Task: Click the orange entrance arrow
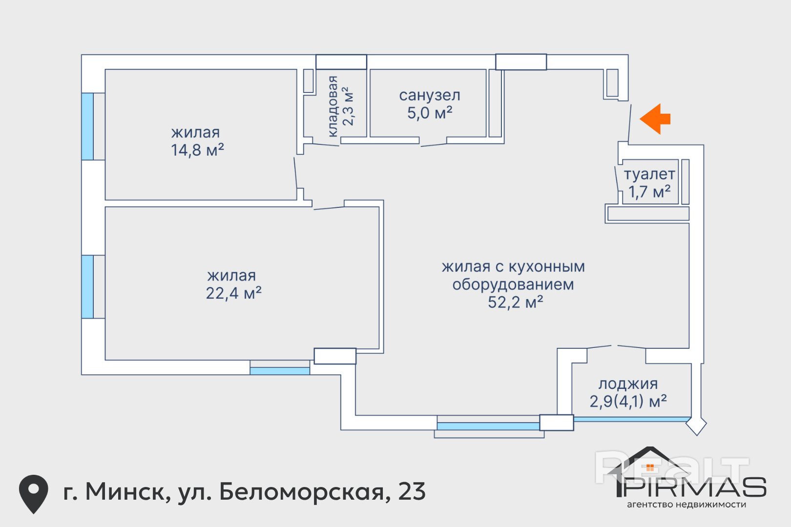655,119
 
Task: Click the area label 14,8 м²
197,150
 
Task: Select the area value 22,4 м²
233,293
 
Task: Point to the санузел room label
430,96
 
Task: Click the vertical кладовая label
333,106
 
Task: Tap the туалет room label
649,174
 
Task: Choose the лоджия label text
628,384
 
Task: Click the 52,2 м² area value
515,303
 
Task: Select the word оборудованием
513,284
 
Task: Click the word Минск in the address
128,492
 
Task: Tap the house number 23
412,492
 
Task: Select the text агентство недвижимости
687,505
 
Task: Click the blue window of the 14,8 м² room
87,126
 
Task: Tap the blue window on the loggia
632,419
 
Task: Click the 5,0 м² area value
430,113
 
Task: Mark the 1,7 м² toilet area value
649,192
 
